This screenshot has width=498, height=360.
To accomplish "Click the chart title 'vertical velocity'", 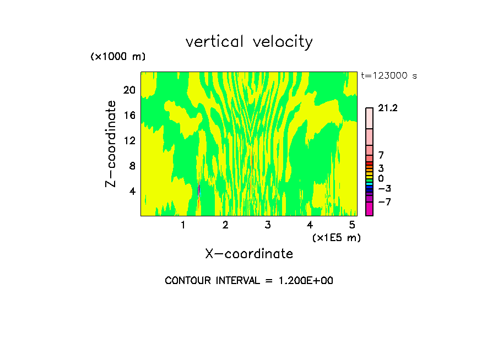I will click(249, 42).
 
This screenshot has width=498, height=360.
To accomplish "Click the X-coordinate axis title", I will click(249, 254).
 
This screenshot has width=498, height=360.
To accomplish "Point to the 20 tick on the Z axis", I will click(128, 90).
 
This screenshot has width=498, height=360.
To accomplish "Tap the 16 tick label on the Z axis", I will click(128, 115).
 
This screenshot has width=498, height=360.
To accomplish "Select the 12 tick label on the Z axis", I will click(128, 140).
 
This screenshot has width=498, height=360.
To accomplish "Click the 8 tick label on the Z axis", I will click(131, 166).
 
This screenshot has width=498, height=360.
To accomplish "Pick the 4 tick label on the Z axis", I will click(131, 191).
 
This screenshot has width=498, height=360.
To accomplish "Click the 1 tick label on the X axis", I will click(183, 225).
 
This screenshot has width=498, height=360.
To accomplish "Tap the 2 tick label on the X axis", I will click(225, 225).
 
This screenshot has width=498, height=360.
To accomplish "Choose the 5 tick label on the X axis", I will click(352, 225).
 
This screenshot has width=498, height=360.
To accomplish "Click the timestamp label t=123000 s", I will click(389, 75).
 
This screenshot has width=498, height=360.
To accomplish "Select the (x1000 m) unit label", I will click(117, 57).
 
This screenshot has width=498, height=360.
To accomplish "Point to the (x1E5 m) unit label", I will click(336, 237).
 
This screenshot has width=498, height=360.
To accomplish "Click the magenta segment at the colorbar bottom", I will click(369, 209).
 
